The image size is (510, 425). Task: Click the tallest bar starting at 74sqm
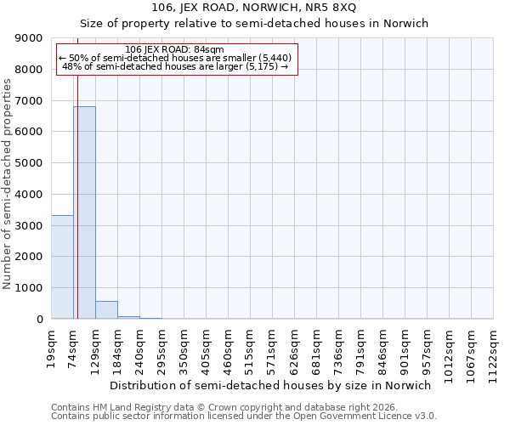[x=84, y=212]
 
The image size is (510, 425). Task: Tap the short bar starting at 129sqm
[x=106, y=310]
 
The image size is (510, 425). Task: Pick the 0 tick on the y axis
[x=39, y=320]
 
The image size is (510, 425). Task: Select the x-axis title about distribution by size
[x=271, y=385]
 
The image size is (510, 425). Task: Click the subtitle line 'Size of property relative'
[x=254, y=23]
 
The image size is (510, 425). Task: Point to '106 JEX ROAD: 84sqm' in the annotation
[x=174, y=50]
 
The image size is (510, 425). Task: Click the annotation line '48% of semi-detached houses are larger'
[x=177, y=66]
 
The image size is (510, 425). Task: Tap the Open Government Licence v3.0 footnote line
[x=244, y=416]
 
